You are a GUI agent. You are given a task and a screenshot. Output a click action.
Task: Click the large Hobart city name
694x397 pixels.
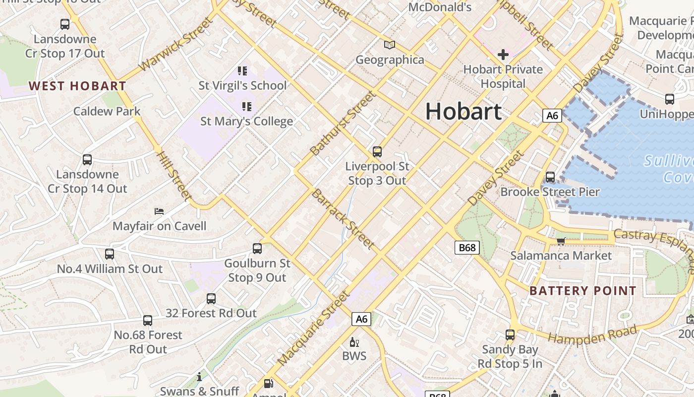click(x=463, y=111)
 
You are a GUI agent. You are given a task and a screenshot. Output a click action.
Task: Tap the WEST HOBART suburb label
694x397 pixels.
click(x=77, y=86)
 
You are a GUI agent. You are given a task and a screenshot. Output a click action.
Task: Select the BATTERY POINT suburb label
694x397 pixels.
click(x=582, y=291)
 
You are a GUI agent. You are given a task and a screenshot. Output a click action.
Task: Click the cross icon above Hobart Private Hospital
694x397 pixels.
click(x=503, y=54)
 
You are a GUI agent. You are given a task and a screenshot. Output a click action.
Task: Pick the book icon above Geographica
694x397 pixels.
click(x=390, y=45)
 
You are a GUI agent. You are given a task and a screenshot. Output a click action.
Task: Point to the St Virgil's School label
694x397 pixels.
click(x=242, y=85)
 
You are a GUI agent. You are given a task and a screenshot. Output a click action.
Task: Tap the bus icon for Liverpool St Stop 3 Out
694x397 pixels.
click(x=377, y=152)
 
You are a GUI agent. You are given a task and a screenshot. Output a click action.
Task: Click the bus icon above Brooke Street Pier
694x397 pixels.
click(x=550, y=177)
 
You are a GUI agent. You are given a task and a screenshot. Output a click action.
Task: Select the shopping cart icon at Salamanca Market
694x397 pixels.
click(x=561, y=241)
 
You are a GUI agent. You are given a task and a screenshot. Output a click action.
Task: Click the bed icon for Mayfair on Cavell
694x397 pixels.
click(x=159, y=211)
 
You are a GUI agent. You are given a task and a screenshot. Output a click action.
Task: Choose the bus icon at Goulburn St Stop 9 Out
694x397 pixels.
click(x=257, y=249)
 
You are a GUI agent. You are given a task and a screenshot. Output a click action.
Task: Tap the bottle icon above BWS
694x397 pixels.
click(x=354, y=341)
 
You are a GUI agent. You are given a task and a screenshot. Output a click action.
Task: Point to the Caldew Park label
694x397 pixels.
click(x=107, y=111)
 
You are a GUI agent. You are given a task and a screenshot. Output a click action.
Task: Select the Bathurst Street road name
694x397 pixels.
click(x=343, y=123)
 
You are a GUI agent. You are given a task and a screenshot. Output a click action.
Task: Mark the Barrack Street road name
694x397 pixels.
click(x=343, y=219)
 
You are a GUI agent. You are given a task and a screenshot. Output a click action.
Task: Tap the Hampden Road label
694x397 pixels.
click(x=592, y=336)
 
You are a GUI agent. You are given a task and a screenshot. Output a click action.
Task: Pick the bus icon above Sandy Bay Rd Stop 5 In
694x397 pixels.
click(x=510, y=335)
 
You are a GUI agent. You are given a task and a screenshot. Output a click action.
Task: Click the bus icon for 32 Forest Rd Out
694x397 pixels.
click(x=211, y=299)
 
